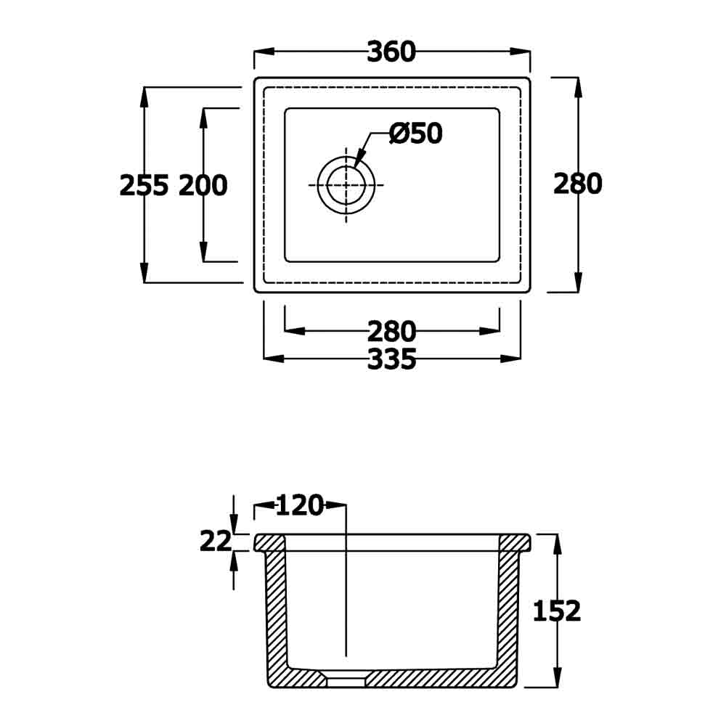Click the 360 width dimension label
391,52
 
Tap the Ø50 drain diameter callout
416,134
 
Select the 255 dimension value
144,186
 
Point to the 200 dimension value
203,186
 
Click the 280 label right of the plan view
578,184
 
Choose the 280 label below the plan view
392,332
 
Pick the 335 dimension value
392,359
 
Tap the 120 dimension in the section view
300,505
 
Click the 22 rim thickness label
216,542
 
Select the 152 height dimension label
557,611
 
